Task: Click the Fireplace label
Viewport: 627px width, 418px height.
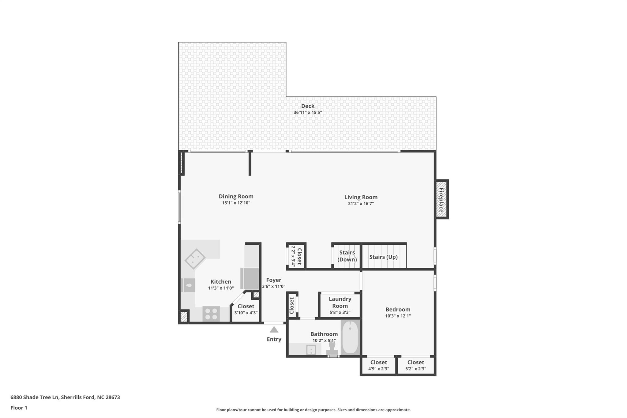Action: pos(441,200)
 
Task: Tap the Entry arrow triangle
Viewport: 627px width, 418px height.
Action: pos(274,330)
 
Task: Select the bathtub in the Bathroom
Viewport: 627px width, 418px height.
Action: pos(350,337)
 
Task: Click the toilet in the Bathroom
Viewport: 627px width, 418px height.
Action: pos(332,348)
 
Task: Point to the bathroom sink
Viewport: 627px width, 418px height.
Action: pos(311,349)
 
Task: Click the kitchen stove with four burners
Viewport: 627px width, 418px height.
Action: pos(211,314)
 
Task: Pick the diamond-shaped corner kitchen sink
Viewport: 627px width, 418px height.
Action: pos(195,259)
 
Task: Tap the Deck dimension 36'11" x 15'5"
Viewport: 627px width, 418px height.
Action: pos(308,112)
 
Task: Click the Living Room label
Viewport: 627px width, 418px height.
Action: pos(361,197)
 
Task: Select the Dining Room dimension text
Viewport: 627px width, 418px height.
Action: pos(236,203)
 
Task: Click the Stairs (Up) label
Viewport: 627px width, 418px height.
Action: pos(383,257)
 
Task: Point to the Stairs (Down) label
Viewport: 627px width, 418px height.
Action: pos(347,256)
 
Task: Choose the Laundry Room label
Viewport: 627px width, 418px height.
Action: pos(340,302)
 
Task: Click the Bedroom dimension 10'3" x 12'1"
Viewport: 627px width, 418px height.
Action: pos(398,316)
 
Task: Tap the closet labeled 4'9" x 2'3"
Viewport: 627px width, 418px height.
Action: pos(379,365)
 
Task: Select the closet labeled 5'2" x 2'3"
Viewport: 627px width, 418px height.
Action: pos(415,365)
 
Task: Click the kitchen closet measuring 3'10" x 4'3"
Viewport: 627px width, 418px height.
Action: pos(246,309)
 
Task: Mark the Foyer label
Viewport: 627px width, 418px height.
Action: pos(273,280)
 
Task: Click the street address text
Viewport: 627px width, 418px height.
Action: pos(65,397)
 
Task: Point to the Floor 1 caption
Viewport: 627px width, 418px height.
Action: pos(19,408)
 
